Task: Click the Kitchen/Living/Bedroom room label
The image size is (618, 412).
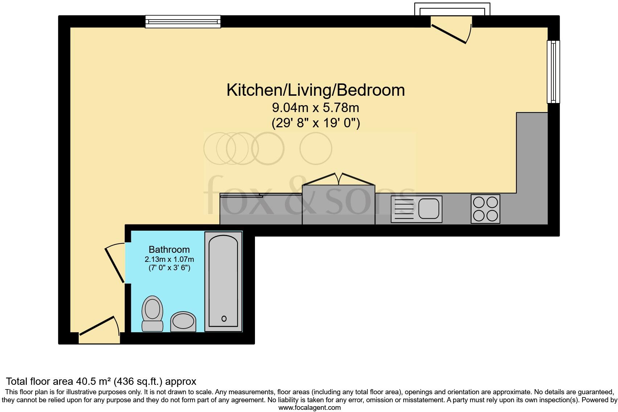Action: coord(316,90)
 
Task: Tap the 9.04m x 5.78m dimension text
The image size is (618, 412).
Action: coord(316,108)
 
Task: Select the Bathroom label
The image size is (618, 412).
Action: coord(169,250)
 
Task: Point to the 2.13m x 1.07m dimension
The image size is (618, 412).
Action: coord(169,259)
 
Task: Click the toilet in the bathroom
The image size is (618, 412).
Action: coord(152,313)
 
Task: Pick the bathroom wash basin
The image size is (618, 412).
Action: coord(183,321)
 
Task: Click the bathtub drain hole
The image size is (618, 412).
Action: coord(224,319)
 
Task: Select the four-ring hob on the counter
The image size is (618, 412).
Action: coord(485,209)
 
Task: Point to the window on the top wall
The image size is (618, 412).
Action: coord(183,22)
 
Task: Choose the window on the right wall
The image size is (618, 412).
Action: coord(553,71)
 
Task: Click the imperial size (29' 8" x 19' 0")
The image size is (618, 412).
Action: coord(316,123)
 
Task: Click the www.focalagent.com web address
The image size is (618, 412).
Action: coord(309,407)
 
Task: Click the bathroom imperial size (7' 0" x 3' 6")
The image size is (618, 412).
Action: coord(169,268)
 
